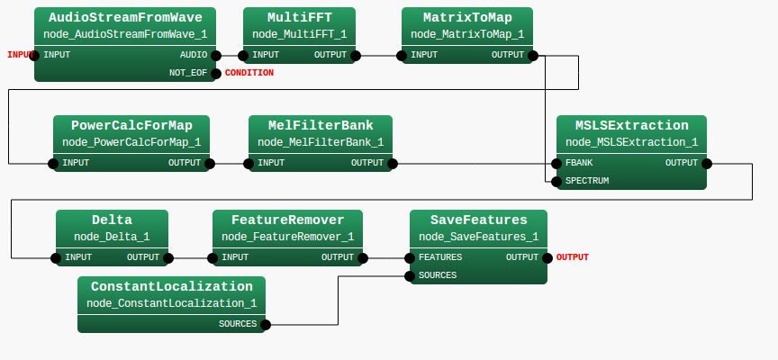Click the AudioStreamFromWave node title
click(x=125, y=17)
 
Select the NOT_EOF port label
click(x=188, y=73)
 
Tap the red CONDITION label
click(x=249, y=73)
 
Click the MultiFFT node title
click(x=299, y=17)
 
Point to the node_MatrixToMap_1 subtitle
click(x=466, y=34)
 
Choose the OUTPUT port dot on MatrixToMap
click(x=535, y=55)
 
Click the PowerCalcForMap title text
click(x=131, y=125)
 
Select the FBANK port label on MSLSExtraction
click(x=578, y=163)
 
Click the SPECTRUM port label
click(x=586, y=181)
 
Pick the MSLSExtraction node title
click(x=631, y=125)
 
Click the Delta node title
click(x=112, y=220)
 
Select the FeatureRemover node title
click(x=287, y=220)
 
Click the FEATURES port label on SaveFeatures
click(x=440, y=256)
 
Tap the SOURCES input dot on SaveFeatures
click(x=411, y=275)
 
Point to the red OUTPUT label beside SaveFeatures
click(x=572, y=257)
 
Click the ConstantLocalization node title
click(x=171, y=286)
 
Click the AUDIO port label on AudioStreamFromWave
click(x=193, y=55)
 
